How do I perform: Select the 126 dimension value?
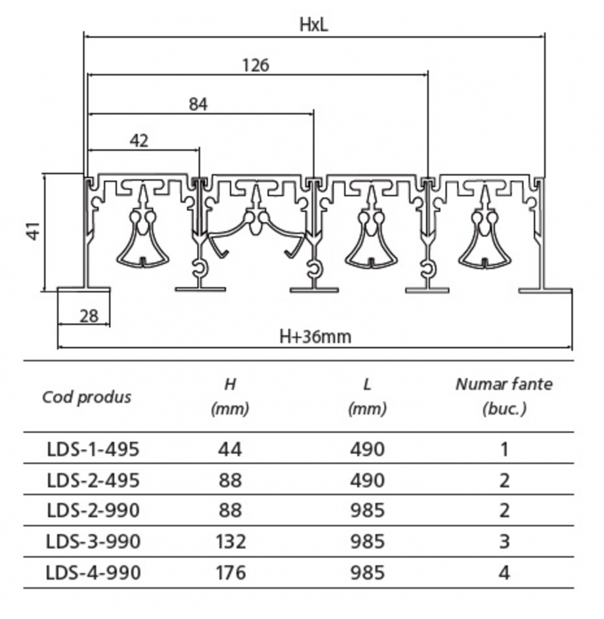tap(255, 64)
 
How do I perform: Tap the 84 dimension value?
tap(198, 104)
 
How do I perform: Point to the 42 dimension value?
tap(139, 141)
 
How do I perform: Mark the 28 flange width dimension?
tap(89, 316)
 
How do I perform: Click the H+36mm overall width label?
tap(315, 337)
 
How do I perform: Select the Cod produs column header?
tap(87, 397)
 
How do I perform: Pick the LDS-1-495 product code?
tap(93, 449)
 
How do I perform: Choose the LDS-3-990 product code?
tap(93, 541)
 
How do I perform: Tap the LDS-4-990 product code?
tap(93, 572)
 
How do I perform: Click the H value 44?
tap(230, 449)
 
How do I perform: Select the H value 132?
tap(230, 541)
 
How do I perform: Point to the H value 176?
tap(230, 572)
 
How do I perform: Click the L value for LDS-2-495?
tap(367, 480)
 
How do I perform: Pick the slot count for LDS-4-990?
tap(504, 572)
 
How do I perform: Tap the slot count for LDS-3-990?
tap(504, 541)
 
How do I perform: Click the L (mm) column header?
tap(367, 396)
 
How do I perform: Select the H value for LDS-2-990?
tap(230, 511)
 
